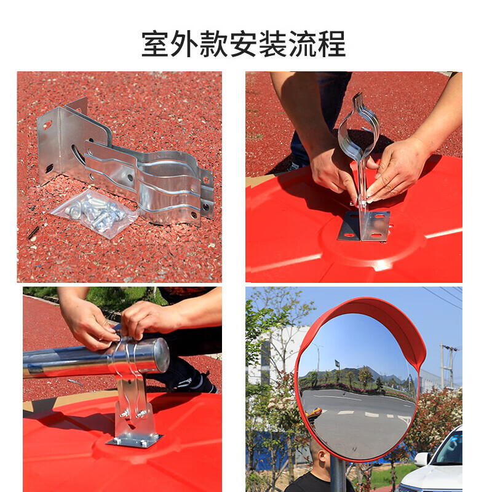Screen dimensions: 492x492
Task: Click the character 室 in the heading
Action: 156,44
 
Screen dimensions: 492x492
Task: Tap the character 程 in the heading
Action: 331,44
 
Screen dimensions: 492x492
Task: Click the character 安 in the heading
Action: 244,44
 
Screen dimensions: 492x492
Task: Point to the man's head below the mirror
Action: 320,459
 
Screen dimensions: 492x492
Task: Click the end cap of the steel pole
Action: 162,355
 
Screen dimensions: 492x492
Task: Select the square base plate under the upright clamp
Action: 364,226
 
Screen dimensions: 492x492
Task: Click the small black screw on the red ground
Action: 33,232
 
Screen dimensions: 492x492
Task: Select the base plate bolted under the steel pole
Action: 134,440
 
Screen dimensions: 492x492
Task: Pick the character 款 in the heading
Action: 215,44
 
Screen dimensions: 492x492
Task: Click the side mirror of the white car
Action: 421,459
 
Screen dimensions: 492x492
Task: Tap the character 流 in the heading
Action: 303,44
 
